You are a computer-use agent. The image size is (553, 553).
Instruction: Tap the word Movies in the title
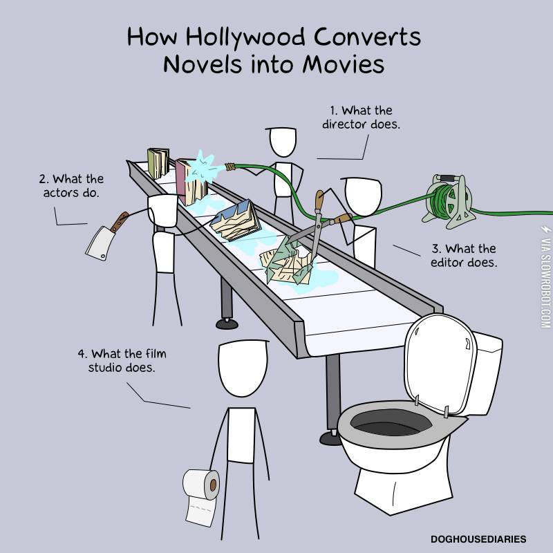coord(344,64)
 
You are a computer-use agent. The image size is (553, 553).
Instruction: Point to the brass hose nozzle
coord(230,167)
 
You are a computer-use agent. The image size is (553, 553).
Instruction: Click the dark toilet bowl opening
coord(391,423)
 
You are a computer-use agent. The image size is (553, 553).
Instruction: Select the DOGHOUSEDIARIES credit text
coord(478,539)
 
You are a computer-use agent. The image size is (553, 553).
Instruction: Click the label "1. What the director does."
coord(361,118)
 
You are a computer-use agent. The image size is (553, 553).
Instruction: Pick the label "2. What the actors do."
coord(71,186)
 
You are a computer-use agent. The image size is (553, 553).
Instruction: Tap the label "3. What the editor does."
coord(464,256)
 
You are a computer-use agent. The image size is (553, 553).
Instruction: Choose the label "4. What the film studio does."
coord(122,360)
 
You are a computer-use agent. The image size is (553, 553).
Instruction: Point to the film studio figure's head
coord(243,368)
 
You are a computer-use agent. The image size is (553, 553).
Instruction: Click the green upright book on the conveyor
coord(158,163)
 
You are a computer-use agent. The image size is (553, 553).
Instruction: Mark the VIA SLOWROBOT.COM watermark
coord(545,277)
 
